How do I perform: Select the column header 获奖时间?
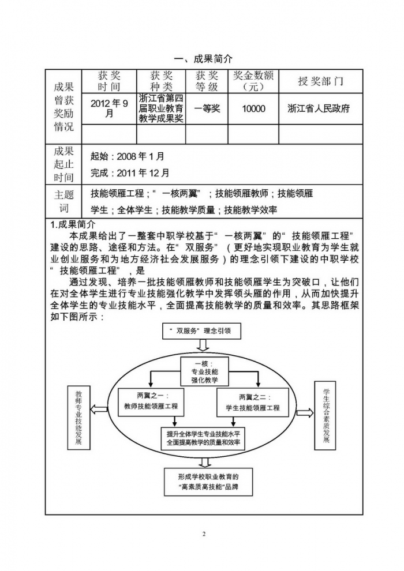point(109,81)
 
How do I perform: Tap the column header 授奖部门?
point(320,81)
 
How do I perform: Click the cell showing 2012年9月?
point(109,108)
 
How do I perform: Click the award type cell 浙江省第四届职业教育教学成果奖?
point(161,108)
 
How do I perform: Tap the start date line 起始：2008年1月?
point(128,156)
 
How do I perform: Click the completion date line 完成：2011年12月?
point(130,172)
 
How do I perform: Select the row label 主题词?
point(64,201)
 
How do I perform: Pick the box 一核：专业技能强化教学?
point(204,372)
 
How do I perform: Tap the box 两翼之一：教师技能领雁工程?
point(151,401)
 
